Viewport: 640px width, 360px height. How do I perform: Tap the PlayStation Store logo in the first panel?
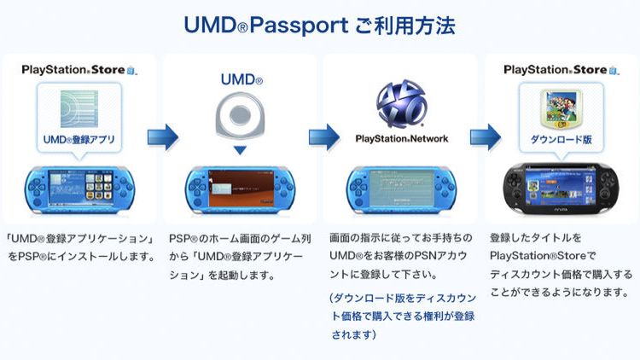point(79,70)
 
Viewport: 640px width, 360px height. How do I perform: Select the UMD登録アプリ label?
point(79,137)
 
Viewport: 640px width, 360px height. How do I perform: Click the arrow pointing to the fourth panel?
point(484,135)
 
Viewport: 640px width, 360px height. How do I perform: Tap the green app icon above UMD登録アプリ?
point(79,107)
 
